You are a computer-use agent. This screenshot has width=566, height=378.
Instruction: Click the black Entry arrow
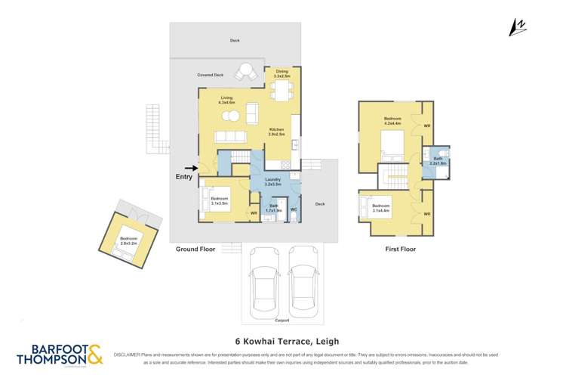tap(190, 169)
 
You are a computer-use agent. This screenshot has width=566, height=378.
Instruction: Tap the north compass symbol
tap(518, 27)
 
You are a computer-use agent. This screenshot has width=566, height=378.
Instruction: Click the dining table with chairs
tap(282, 92)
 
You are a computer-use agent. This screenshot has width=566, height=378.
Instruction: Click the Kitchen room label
tap(277, 132)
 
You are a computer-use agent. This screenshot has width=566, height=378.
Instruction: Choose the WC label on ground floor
tap(294, 209)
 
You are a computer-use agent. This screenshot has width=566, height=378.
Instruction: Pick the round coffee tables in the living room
tap(233, 116)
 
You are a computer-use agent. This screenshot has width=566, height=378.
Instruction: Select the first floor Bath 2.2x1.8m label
tap(438, 160)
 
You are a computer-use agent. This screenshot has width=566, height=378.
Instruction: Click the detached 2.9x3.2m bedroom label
tap(128, 241)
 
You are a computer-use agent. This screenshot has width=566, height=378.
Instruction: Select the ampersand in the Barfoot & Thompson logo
tap(95, 355)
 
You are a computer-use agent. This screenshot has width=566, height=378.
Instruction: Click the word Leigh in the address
tap(328, 341)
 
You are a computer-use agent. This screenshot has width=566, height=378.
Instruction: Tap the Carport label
tap(281, 320)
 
